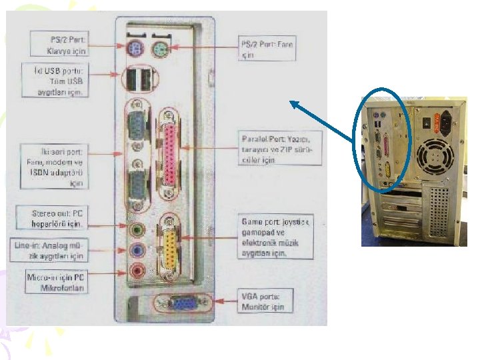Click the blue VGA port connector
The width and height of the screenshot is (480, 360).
(x=180, y=304)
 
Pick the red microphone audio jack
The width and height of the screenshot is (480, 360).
(x=137, y=270)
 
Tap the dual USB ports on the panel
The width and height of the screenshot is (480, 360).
(x=138, y=80)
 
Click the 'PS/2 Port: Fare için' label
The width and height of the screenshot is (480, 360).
(x=267, y=49)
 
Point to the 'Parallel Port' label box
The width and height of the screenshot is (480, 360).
(x=281, y=147)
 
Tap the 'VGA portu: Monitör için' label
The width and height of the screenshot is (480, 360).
(x=262, y=302)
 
